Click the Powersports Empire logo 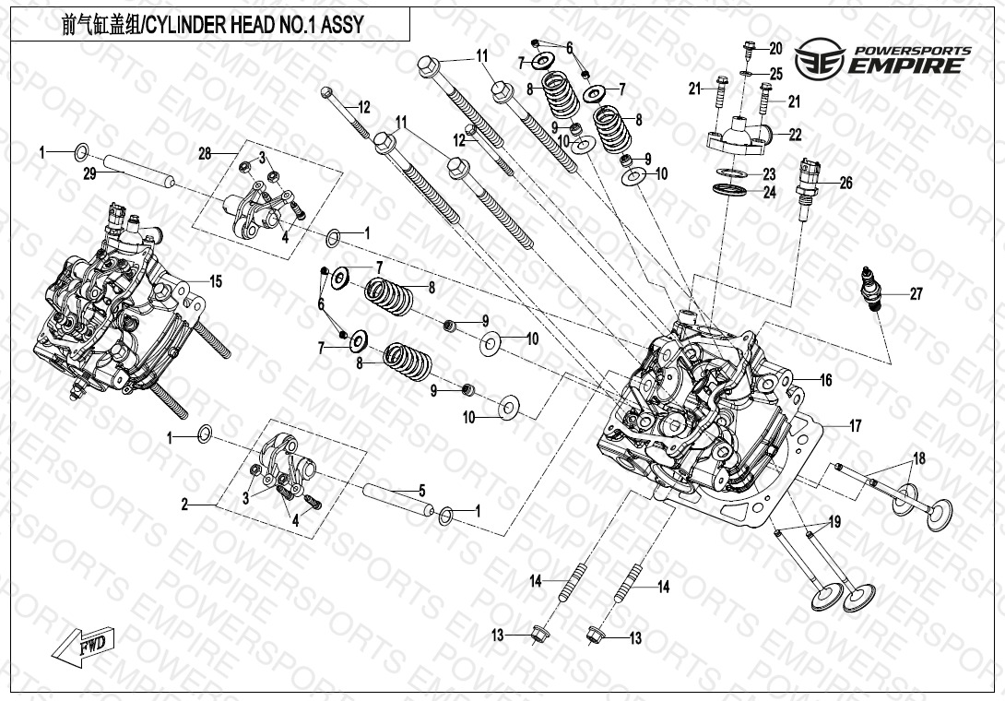884,58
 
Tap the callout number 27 916,295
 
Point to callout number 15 216,281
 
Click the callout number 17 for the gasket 856,426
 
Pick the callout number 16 825,380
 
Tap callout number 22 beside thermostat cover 795,134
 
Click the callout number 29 89,174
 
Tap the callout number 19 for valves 834,523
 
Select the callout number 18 918,458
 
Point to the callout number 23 769,174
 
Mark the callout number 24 769,193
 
